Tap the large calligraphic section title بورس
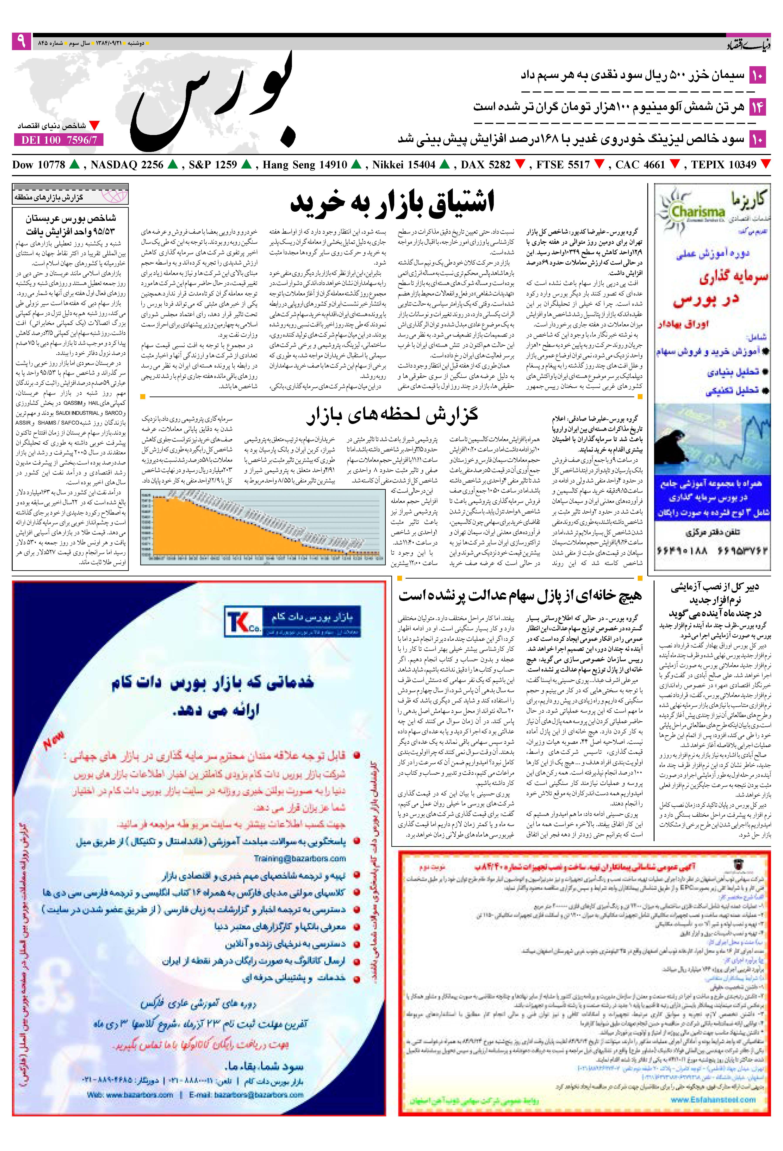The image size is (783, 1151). [218, 104]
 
